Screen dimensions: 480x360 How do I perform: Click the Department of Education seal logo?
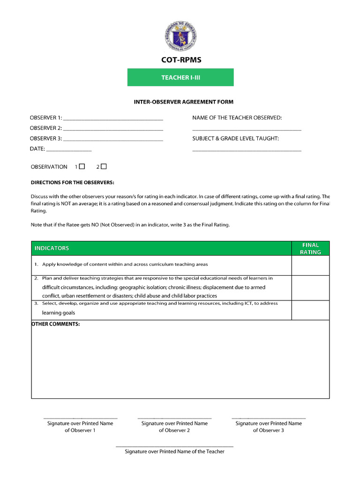coord(180,36)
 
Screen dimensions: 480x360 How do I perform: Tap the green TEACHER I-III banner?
coord(180,77)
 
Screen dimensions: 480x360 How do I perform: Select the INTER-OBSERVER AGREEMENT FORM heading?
coord(183,102)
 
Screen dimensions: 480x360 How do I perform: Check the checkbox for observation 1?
coord(82,166)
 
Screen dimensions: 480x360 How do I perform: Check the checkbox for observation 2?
coord(104,166)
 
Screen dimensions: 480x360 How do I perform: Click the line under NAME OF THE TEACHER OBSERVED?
coord(247,130)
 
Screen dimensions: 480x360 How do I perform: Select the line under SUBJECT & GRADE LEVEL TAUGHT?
coord(247,150)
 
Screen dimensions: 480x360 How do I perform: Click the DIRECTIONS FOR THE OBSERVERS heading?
coord(72,182)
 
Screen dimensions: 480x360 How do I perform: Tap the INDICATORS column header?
coord(52,248)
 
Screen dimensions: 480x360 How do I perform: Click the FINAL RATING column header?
coord(311,248)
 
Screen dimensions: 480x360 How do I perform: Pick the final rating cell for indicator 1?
coord(311,265)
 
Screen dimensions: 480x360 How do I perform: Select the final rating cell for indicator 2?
coord(311,287)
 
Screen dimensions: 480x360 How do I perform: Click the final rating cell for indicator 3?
coord(311,310)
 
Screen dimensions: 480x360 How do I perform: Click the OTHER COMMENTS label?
coord(55,324)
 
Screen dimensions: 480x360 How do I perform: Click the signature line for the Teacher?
coord(174,446)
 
